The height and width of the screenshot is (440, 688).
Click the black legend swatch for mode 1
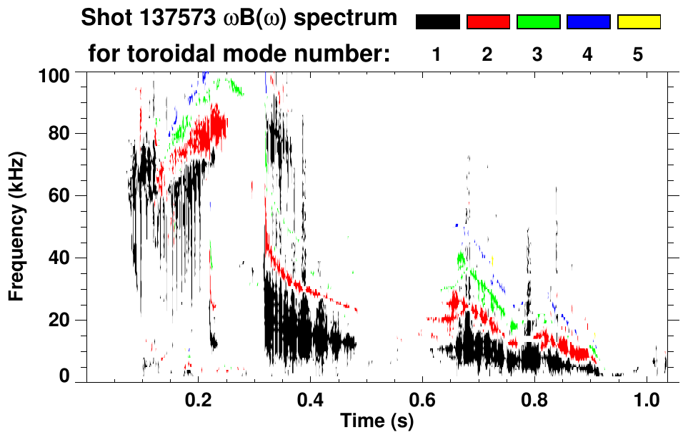click(437, 22)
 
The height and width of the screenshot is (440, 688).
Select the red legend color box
click(488, 22)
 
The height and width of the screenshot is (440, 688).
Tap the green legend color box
click(538, 22)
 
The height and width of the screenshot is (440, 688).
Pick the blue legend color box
click(588, 22)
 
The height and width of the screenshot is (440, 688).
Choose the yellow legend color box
click(638, 22)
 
